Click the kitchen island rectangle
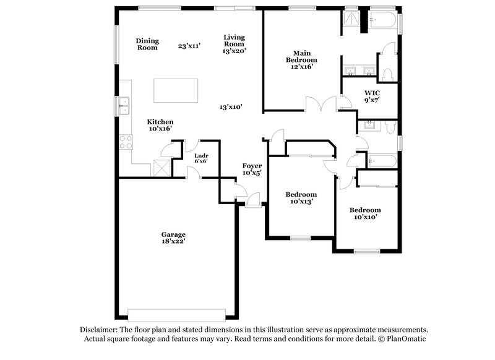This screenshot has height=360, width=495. (x=176, y=91)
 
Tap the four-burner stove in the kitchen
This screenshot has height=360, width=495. (x=126, y=142)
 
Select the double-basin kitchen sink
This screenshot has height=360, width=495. (x=124, y=106)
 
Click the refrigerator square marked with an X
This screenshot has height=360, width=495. (x=161, y=168)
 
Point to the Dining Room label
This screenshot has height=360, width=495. (x=147, y=44)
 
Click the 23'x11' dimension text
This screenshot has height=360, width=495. (x=190, y=46)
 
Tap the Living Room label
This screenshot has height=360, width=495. (x=234, y=44)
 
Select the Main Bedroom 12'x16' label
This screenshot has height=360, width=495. (x=299, y=59)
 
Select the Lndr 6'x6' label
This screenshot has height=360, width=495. (x=201, y=158)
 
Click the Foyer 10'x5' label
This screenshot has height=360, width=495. (x=252, y=169)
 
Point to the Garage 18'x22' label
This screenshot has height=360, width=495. (x=173, y=238)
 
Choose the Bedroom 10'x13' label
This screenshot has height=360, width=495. (x=300, y=197)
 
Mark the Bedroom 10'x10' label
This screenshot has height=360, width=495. (x=365, y=213)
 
